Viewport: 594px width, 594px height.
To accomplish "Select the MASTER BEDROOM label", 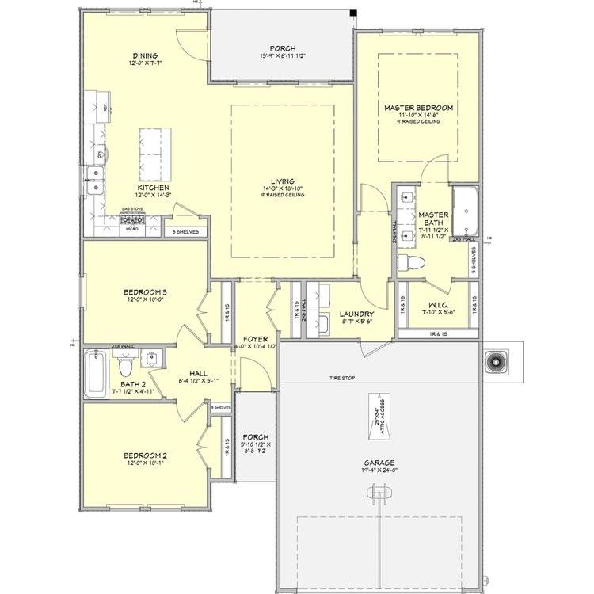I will pos(418,107).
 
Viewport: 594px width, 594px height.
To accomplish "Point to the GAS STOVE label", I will pos(131,210).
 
